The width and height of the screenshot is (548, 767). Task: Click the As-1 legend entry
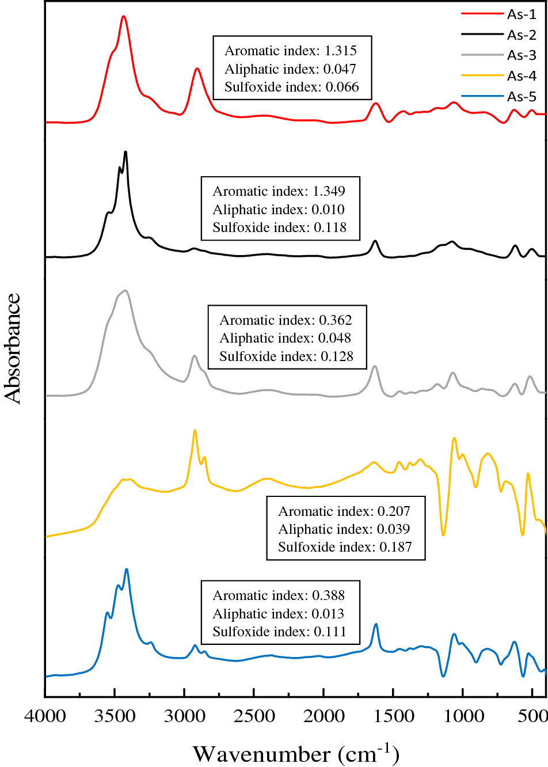(522, 14)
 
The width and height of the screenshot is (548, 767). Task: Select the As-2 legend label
(522, 35)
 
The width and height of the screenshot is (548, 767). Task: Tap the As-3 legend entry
(522, 55)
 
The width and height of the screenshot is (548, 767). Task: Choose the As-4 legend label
(522, 76)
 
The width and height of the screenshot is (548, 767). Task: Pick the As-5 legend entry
(522, 96)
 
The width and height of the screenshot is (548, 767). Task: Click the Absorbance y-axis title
(13, 348)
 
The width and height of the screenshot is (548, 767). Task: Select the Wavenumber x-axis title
(296, 753)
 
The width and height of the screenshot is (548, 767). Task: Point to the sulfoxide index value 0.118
(330, 227)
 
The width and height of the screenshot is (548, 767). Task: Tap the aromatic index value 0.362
(336, 320)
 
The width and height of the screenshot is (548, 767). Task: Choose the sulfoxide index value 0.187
(395, 547)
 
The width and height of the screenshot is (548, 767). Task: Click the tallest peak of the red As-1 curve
(123, 17)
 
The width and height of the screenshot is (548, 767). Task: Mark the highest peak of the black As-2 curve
(125, 152)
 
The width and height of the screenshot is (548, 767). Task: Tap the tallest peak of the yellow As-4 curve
(195, 430)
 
